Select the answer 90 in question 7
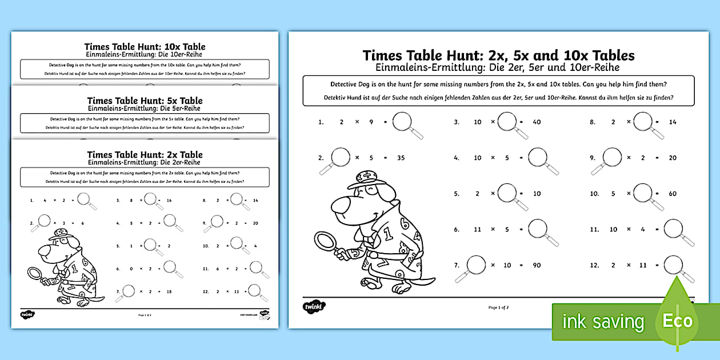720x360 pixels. (536, 265)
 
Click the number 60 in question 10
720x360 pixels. (672, 194)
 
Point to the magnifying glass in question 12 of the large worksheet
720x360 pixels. (674, 265)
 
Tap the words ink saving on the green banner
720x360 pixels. (603, 321)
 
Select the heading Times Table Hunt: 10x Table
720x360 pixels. (145, 47)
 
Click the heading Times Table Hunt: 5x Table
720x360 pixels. (145, 101)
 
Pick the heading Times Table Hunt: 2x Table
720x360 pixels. (145, 154)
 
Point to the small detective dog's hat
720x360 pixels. (58, 234)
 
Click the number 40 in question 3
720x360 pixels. (536, 122)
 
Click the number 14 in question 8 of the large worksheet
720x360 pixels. (672, 122)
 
